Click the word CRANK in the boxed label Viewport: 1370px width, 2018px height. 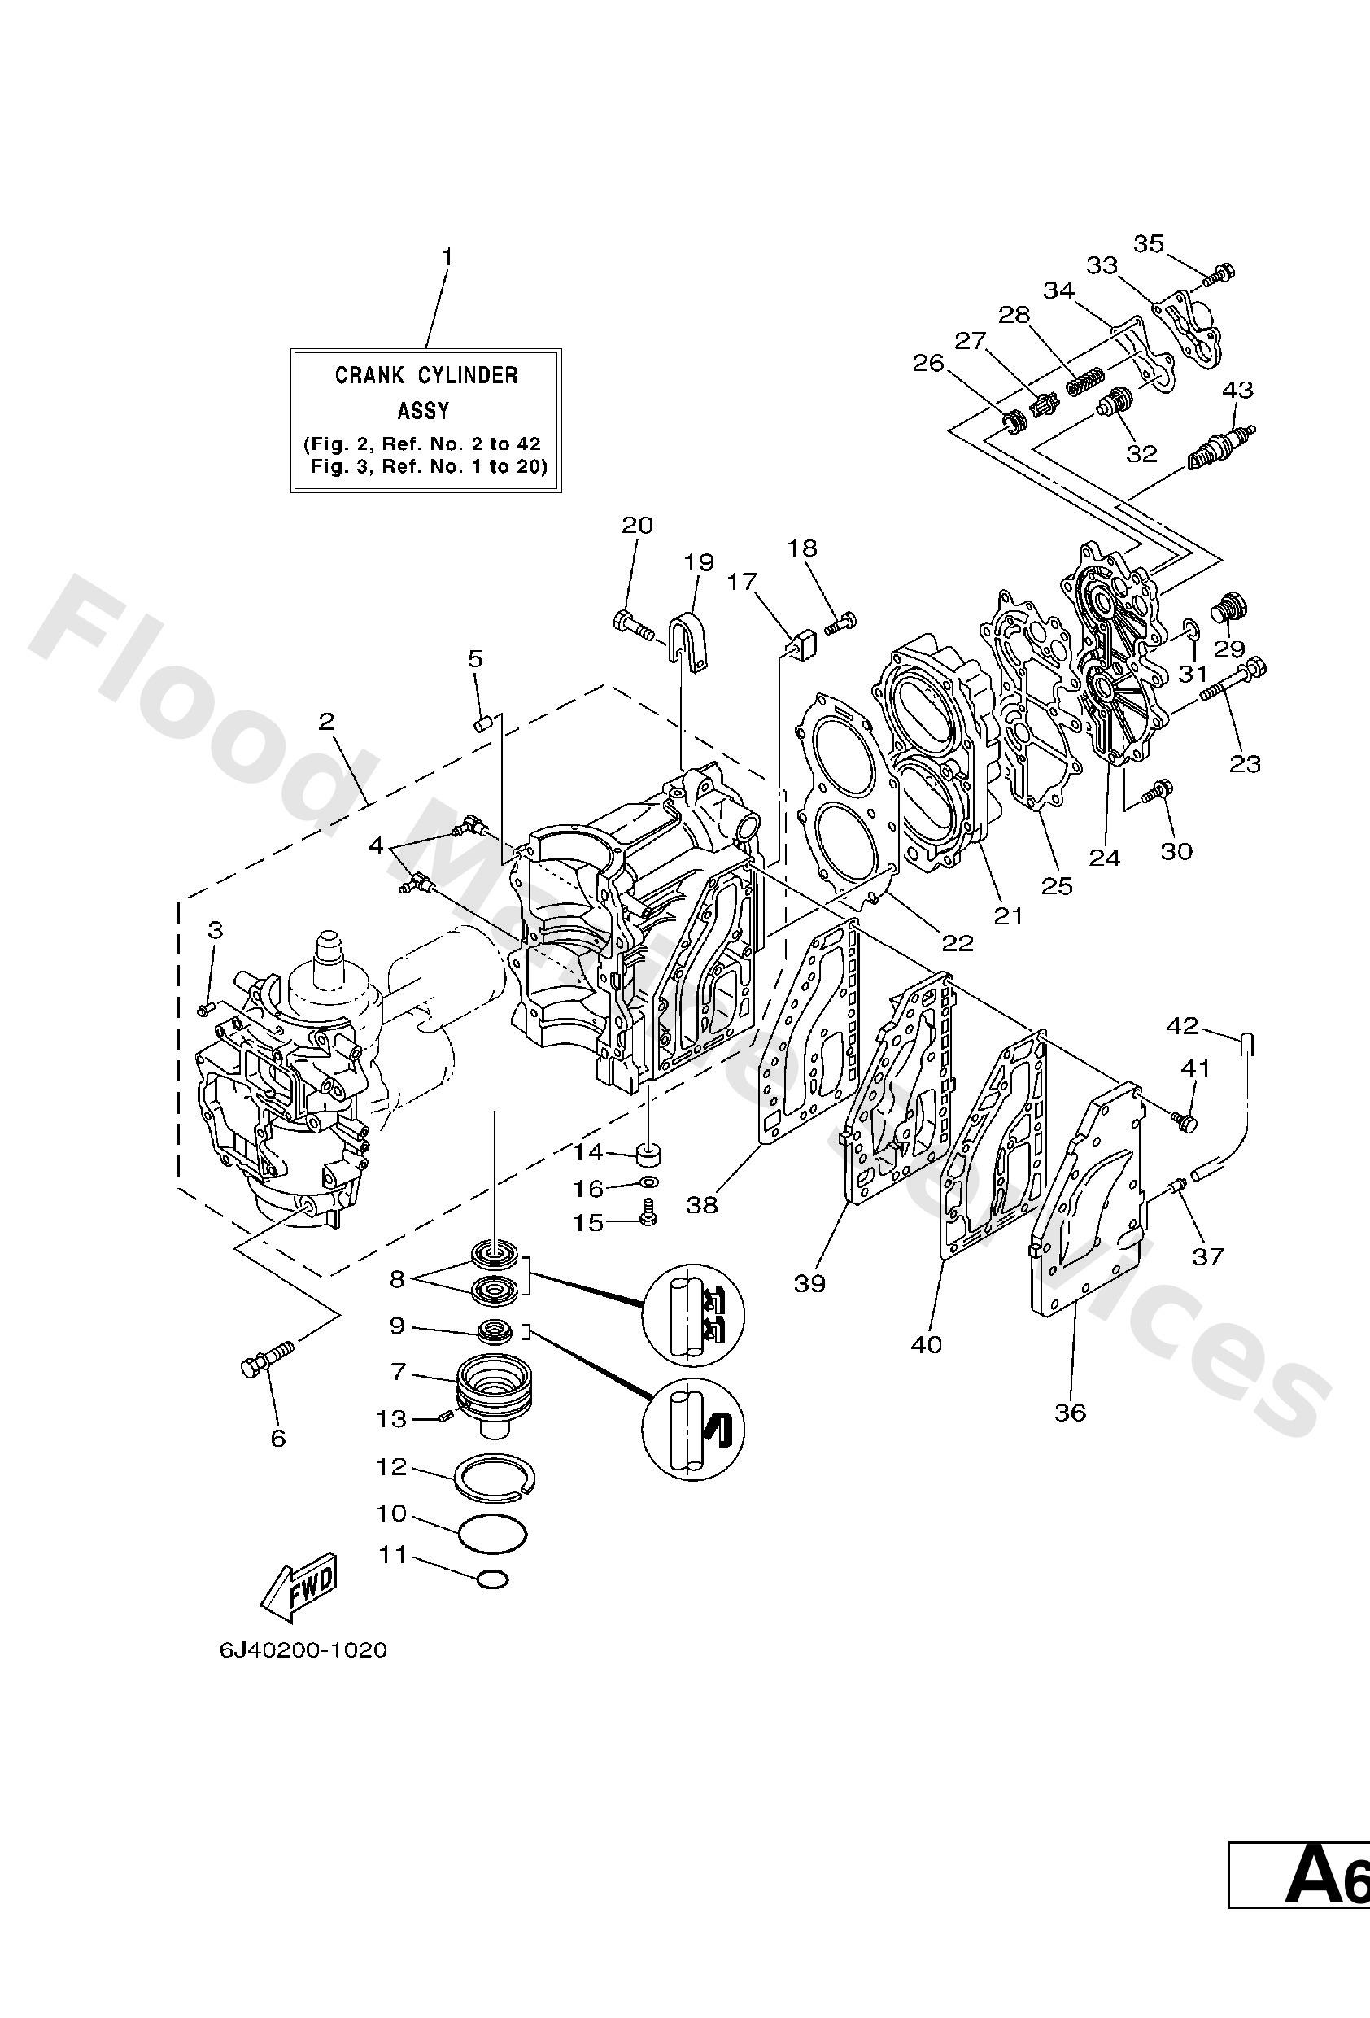pos(369,376)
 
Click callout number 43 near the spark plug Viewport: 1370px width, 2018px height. pos(1237,389)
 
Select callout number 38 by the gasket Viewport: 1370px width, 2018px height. pos(701,1205)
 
